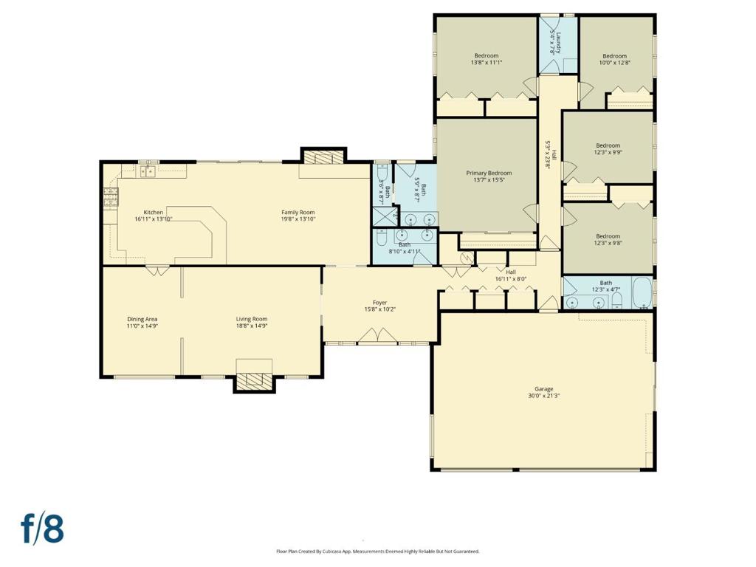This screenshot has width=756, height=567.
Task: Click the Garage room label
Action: (543, 388)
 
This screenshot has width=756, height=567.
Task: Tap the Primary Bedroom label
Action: (489, 173)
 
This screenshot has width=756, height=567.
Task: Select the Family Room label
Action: (298, 212)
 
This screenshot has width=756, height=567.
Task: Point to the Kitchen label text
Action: (154, 212)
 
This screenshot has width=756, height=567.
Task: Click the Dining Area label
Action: (142, 319)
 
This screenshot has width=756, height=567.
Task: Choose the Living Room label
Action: (252, 319)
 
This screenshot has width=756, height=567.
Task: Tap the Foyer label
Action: (380, 303)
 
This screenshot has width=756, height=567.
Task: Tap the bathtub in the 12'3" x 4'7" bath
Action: (642, 292)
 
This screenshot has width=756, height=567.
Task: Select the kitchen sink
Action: (148, 171)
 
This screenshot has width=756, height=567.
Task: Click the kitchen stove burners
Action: (111, 196)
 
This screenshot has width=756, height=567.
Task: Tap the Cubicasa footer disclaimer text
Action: (378, 551)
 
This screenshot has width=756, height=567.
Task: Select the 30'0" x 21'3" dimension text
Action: (543, 396)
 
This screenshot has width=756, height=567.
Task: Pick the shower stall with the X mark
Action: (385, 217)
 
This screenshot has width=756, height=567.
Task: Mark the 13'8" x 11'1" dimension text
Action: (487, 62)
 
